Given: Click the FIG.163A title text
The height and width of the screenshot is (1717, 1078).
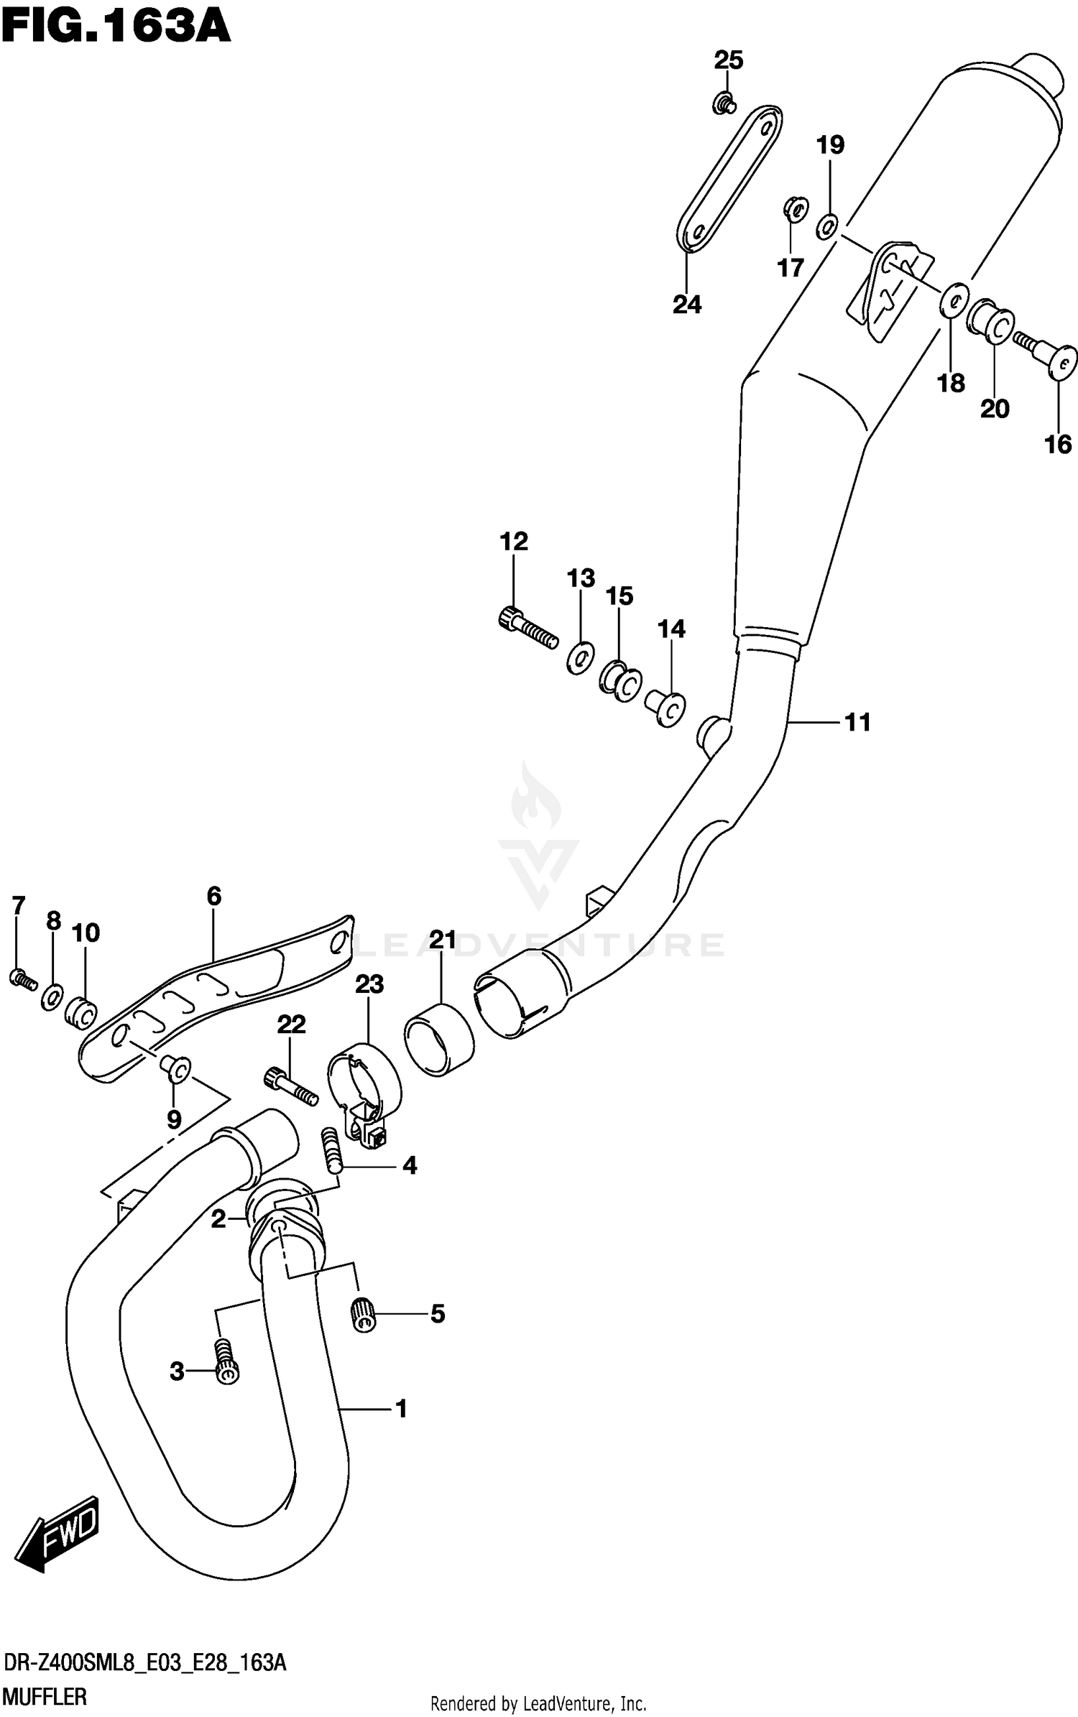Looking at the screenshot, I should (116, 29).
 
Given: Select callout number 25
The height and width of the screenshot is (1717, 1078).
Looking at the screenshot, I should (728, 60).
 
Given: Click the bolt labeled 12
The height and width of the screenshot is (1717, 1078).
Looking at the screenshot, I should (527, 627).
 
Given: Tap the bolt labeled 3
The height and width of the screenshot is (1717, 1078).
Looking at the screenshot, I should (226, 1362).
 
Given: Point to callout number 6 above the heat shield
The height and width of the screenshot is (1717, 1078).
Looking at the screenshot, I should (213, 896).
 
